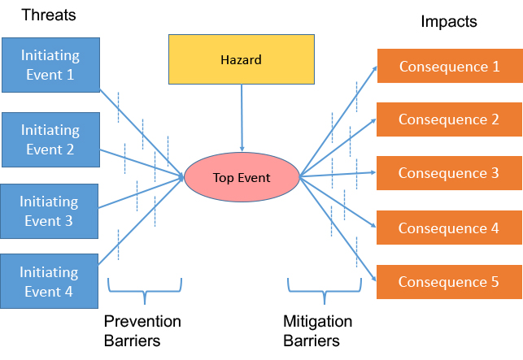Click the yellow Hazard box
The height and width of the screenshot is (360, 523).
242,59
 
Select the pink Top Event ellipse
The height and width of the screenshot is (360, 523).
242,177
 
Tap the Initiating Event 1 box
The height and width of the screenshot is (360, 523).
50,65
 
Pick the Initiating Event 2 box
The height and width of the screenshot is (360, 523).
50,140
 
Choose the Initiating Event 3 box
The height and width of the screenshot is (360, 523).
49,211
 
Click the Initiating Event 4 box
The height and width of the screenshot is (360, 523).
49,281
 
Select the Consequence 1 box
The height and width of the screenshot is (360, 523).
450,66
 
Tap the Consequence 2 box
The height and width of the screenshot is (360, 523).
449,119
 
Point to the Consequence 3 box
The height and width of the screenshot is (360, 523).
449,173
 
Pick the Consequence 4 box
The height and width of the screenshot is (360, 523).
449,228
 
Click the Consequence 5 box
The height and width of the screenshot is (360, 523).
449,282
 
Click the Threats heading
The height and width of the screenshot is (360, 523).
49,15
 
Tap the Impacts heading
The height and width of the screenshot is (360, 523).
449,22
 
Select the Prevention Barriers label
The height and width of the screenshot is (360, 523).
142,331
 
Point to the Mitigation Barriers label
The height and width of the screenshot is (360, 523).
317,331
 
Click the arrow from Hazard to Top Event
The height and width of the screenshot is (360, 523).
242,118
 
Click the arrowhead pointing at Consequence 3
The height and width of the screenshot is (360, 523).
373,172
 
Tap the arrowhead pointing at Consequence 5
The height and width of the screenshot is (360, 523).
373,279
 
